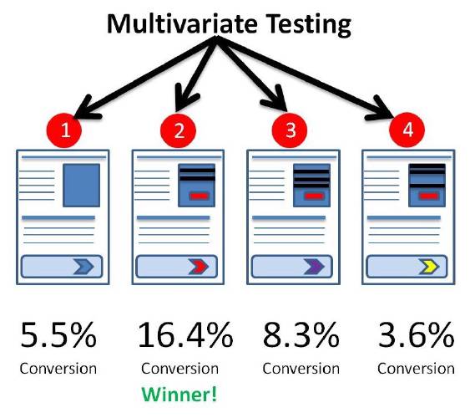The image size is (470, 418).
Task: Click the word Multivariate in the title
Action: click(182, 23)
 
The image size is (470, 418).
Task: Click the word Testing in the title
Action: click(309, 24)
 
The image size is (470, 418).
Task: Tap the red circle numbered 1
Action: click(64, 130)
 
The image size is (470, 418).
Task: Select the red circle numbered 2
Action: click(178, 130)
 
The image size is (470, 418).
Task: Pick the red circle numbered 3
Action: click(290, 130)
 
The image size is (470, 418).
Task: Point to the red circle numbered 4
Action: click(407, 130)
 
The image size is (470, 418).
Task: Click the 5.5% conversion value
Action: click(58, 335)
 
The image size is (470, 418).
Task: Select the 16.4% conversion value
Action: click(185, 335)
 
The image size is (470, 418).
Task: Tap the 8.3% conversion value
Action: click(301, 335)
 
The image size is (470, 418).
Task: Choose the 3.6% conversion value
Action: click(416, 335)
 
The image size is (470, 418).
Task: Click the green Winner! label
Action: click(179, 394)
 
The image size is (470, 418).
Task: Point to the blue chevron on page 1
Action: click(83, 267)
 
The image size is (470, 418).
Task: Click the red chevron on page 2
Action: click(199, 267)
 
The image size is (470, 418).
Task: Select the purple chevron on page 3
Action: click(314, 267)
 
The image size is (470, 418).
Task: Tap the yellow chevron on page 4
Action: click(429, 267)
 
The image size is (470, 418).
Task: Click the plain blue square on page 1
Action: click(82, 186)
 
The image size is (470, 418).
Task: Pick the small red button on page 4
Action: click(429, 196)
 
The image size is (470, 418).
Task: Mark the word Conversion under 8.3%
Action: click(301, 369)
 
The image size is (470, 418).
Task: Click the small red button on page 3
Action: click(314, 196)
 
